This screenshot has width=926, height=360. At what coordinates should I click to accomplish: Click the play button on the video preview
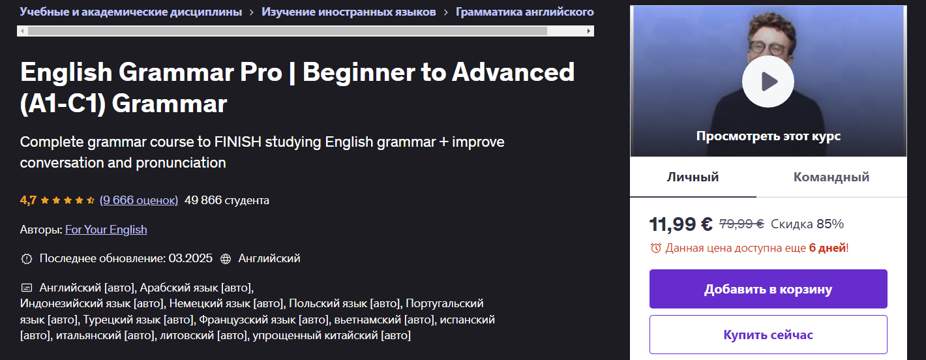tap(768, 82)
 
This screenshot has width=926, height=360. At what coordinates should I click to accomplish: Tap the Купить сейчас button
tap(768, 335)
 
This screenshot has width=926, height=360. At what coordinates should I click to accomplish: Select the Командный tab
tap(831, 177)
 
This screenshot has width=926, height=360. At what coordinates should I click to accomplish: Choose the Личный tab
tap(693, 177)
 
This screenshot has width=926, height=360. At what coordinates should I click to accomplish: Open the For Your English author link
tap(106, 230)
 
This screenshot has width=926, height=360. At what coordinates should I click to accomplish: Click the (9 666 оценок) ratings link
tap(139, 200)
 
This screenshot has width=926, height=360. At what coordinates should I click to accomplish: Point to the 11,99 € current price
tap(681, 224)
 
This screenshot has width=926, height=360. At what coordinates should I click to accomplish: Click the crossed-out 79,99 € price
tap(741, 224)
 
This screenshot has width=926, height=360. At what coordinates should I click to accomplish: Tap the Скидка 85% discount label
tap(807, 224)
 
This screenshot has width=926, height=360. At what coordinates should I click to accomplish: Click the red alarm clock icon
tap(655, 248)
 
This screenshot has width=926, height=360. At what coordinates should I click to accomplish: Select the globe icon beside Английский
tap(226, 259)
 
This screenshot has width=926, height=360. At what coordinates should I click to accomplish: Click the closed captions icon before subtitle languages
tap(26, 287)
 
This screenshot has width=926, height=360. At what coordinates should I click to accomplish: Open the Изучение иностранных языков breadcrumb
tap(349, 12)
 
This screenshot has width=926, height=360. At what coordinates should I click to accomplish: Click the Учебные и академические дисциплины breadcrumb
tap(131, 12)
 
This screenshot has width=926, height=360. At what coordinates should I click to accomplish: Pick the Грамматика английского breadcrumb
tap(524, 12)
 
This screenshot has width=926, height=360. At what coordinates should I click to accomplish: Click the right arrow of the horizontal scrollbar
tap(590, 31)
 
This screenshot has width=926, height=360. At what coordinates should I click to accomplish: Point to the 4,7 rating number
tap(28, 200)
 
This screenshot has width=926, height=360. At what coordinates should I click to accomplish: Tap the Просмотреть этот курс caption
tap(768, 136)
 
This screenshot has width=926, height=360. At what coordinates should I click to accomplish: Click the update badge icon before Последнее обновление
tap(26, 259)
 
